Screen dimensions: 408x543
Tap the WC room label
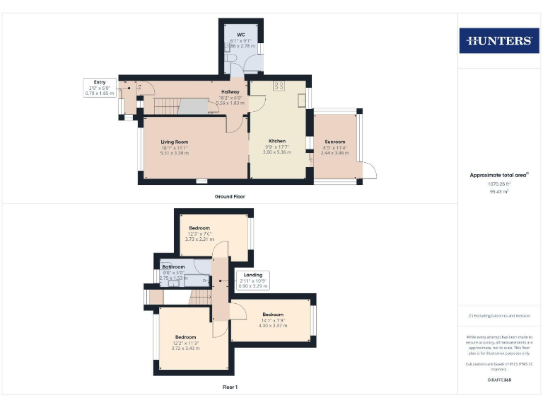[240, 35]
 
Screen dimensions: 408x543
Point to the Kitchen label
[276, 141]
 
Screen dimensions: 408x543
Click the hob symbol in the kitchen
[277, 86]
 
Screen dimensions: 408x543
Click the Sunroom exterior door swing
[369, 170]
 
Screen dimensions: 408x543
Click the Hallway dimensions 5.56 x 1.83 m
[230, 103]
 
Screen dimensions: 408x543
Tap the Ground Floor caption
[230, 196]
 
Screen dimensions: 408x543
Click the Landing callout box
[253, 280]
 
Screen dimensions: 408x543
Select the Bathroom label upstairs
[173, 267]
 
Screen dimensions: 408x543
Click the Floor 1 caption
[230, 387]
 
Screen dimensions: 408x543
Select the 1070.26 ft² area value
[500, 183]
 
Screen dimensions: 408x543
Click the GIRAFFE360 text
[500, 380]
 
